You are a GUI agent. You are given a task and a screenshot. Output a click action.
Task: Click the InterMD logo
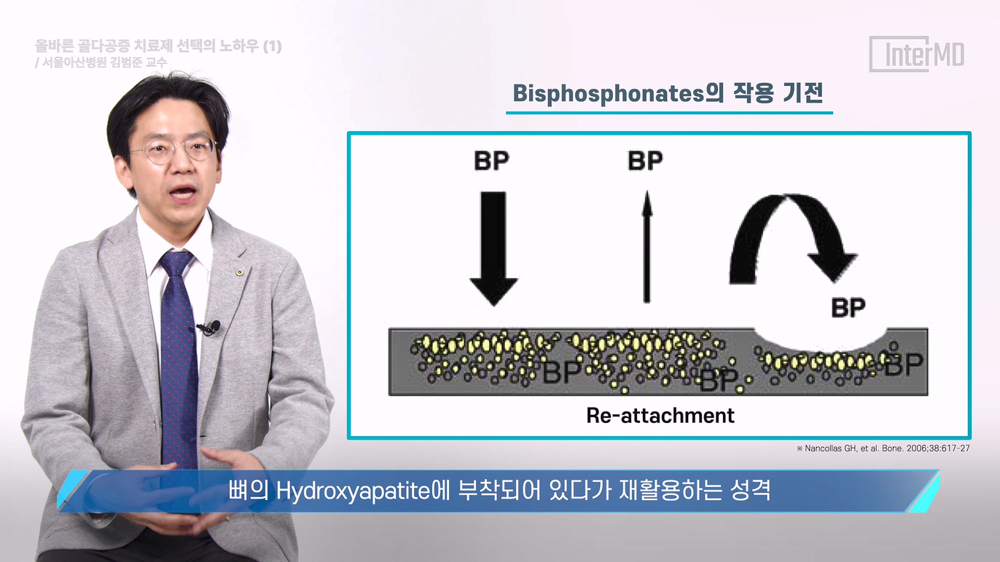pos(917,54)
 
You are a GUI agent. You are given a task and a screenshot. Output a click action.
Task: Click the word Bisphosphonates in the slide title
pos(609,94)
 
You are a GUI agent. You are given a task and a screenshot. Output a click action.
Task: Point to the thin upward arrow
pos(647,247)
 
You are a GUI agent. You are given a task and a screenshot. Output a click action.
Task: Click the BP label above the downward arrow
pos(491,161)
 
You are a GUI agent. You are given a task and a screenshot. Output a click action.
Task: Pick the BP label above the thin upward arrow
pos(645,161)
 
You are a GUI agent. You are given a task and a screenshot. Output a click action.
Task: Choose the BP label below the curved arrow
pos(848,307)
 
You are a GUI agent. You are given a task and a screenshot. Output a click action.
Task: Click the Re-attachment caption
pos(660,416)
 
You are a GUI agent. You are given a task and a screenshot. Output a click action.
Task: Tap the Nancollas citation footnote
pos(883,448)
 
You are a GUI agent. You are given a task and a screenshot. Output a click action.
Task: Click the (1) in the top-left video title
pos(272,46)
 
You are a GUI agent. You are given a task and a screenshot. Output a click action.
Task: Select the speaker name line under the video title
pos(101,63)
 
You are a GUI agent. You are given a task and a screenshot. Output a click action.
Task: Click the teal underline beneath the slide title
pos(669,113)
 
